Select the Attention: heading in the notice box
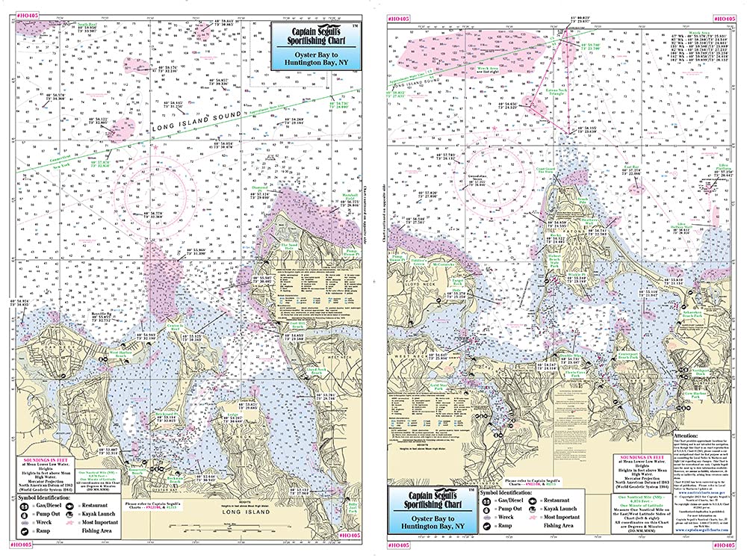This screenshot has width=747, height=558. pyautogui.click(x=688, y=433)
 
